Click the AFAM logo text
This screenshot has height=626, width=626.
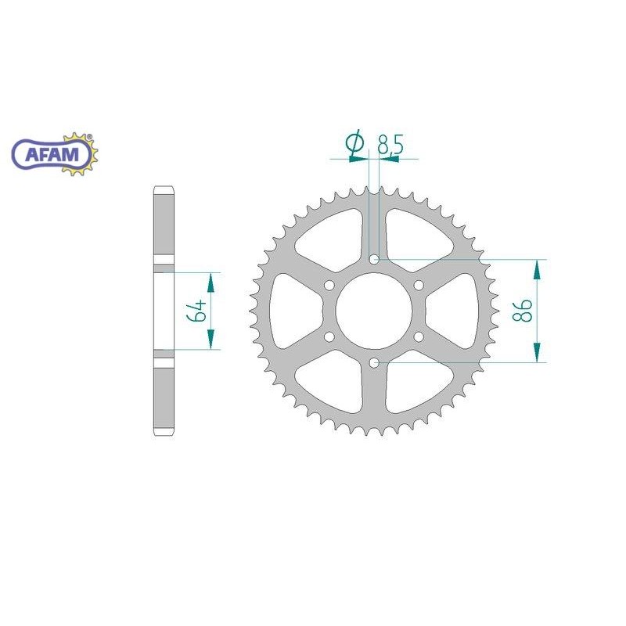[52, 154]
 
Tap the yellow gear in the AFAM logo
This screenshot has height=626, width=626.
[80, 153]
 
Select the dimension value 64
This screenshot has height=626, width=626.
[196, 311]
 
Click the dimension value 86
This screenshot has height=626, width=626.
[522, 311]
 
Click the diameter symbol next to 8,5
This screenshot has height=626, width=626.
[355, 143]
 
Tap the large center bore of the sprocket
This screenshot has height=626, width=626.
[374, 311]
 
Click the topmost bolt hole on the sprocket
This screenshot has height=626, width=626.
[374, 260]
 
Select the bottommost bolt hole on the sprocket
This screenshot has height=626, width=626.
[374, 363]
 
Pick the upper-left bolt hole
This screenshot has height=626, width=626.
[329, 286]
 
